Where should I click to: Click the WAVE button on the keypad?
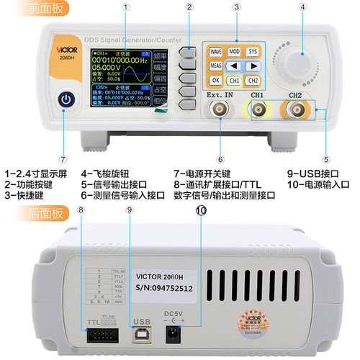click(215, 52)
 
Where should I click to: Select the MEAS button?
click(215, 66)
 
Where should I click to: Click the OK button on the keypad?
click(215, 81)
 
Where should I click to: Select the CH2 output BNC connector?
click(295, 110)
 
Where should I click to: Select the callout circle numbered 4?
click(303, 7)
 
